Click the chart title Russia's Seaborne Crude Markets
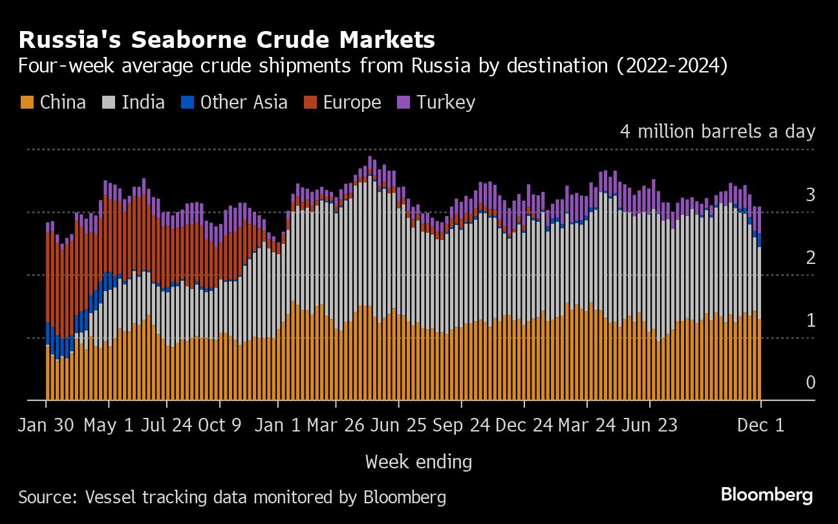[227, 40]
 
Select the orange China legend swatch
[27, 102]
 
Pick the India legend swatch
[109, 102]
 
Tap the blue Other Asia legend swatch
[188, 102]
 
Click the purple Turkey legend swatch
[404, 102]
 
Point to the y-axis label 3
[810, 195]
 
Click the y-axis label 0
[810, 383]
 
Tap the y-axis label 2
[810, 258]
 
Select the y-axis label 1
[810, 320]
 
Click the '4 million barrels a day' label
[718, 131]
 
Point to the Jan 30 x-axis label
[46, 426]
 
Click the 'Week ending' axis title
[418, 462]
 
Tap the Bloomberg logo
[767, 496]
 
